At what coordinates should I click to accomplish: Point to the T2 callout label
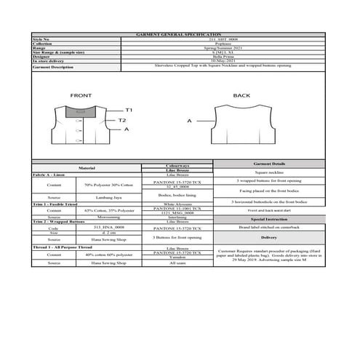coord(122,120)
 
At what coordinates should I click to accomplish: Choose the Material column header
coord(87,167)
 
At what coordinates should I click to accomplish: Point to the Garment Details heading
coord(268,165)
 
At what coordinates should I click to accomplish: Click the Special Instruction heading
coord(268,217)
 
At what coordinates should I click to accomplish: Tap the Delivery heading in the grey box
coord(268,237)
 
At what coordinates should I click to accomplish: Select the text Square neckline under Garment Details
coord(268,173)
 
